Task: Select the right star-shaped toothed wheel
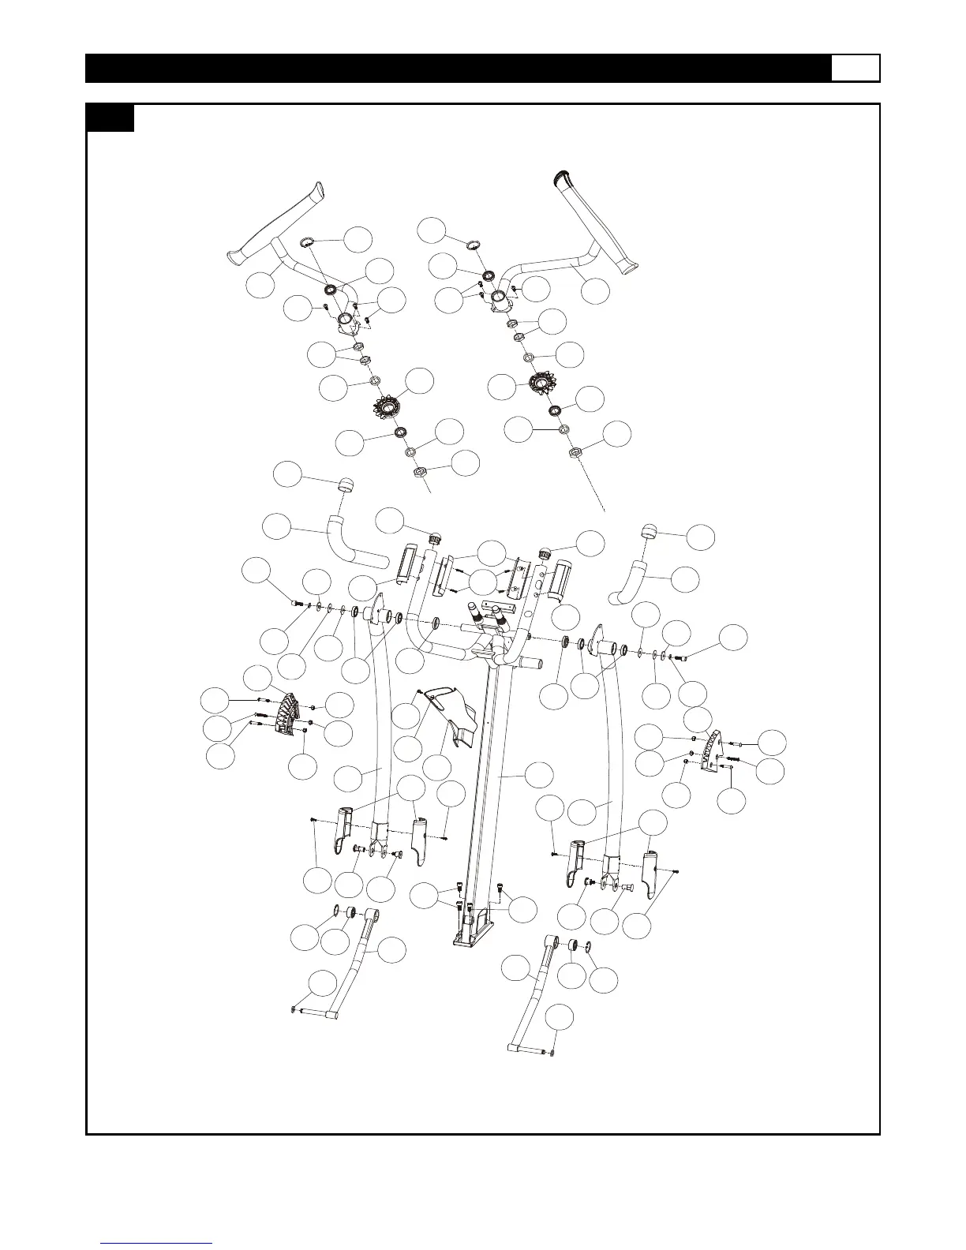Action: [541, 384]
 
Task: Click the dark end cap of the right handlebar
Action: [561, 174]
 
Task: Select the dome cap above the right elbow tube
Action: [651, 530]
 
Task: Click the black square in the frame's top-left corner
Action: [110, 118]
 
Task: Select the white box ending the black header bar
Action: [855, 68]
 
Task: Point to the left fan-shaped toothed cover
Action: [286, 713]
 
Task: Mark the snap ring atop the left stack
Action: [309, 243]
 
